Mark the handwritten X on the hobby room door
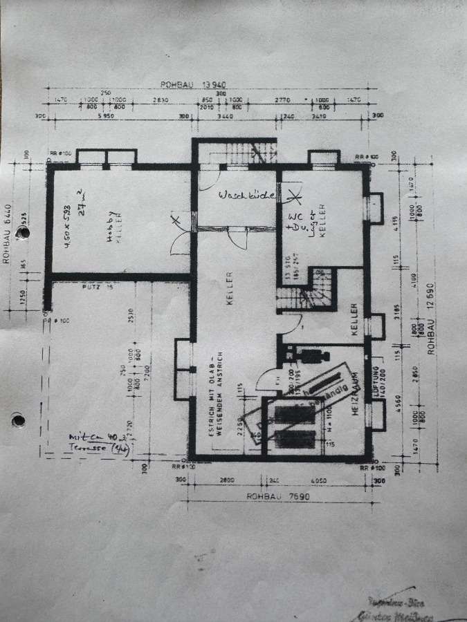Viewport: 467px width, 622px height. [x=176, y=220]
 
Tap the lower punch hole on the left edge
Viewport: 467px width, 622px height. [x=18, y=419]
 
